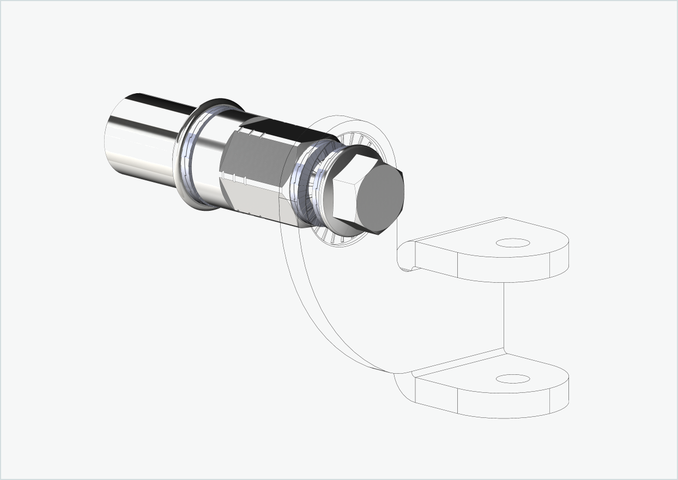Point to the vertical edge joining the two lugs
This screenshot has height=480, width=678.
[x=504, y=316]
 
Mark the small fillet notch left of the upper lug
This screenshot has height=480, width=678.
[x=405, y=256]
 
